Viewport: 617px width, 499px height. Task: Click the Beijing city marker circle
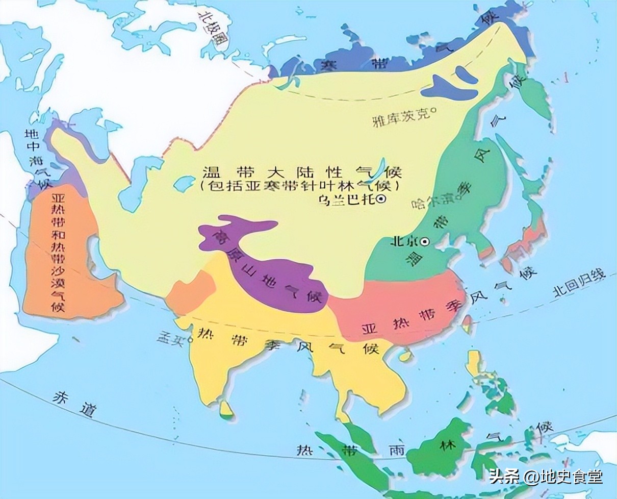(425, 241)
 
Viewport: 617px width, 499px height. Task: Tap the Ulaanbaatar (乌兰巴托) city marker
(381, 201)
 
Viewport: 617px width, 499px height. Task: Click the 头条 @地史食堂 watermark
(546, 477)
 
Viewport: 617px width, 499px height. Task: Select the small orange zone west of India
(191, 292)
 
